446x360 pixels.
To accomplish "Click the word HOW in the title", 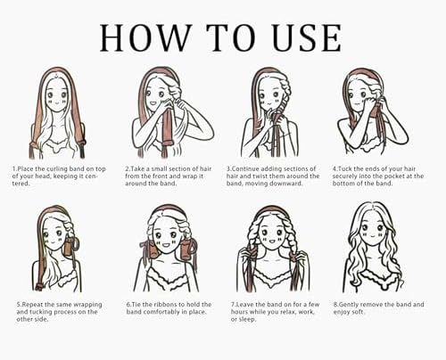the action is click(145, 37).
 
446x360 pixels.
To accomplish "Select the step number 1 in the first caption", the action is click(14, 169).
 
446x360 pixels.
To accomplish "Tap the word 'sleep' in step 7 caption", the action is click(246, 320).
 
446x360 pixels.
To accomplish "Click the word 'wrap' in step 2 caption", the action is click(188, 176).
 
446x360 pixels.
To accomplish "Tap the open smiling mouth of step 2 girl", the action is click(153, 103).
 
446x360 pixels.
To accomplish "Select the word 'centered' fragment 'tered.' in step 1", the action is click(21, 184).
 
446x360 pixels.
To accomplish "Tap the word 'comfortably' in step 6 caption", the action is click(162, 312).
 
